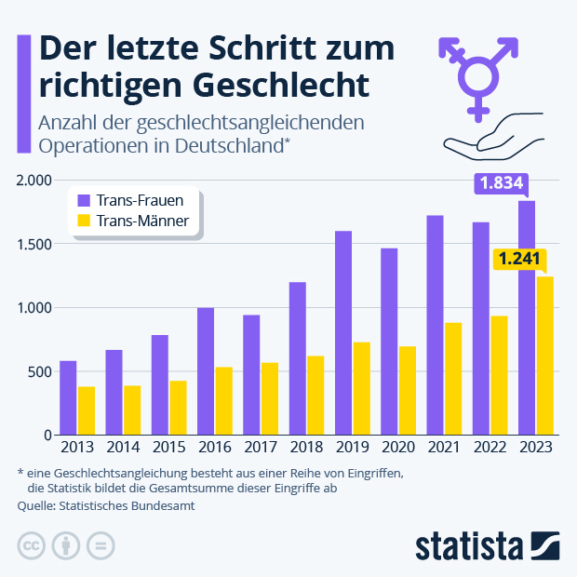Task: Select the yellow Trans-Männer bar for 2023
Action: [544, 356]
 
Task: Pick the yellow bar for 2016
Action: [223, 400]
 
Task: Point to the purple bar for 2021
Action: [435, 325]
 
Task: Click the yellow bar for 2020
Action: [407, 390]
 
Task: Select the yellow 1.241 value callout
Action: [518, 259]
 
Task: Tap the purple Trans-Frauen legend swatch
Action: [83, 199]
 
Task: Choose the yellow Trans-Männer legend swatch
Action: [83, 221]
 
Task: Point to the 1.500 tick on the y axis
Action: [34, 244]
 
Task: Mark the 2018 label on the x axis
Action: [305, 448]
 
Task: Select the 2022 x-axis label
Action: [490, 448]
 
